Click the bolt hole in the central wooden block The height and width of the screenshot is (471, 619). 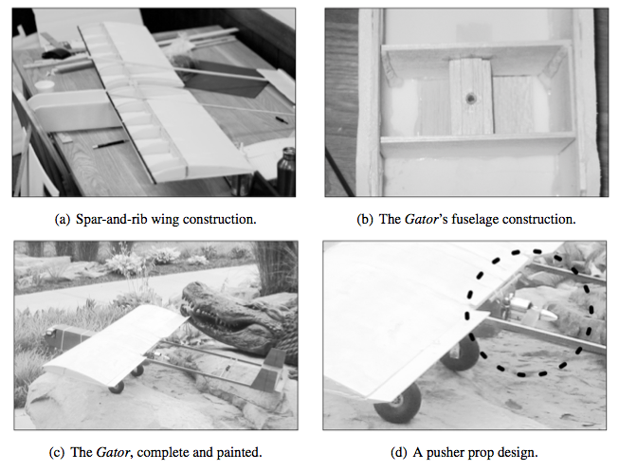click(x=471, y=98)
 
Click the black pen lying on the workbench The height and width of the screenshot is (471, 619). click(x=110, y=143)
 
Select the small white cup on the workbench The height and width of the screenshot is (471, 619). click(x=44, y=86)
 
